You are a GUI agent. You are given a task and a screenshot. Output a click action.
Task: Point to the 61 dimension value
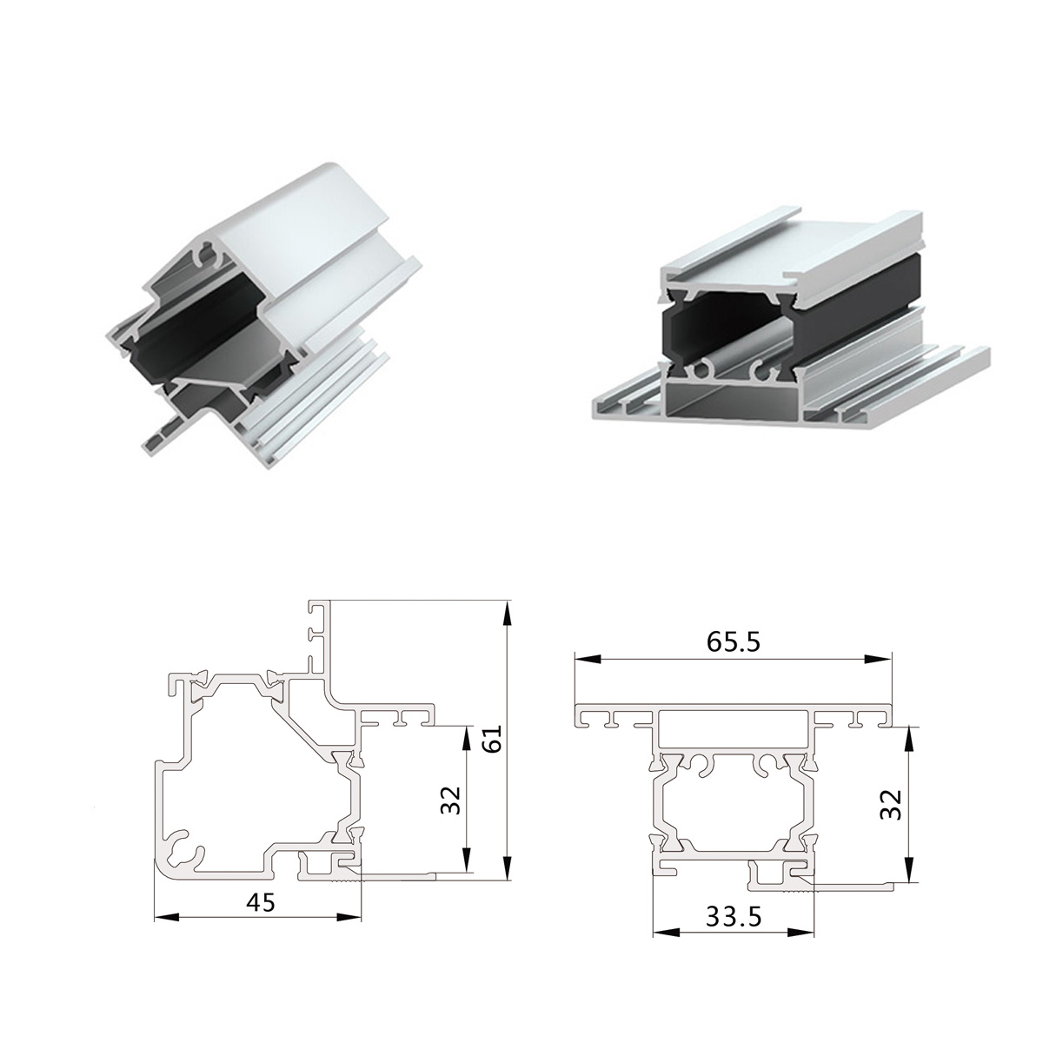point(492,740)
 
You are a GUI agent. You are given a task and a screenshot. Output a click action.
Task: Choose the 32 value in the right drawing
point(890,804)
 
